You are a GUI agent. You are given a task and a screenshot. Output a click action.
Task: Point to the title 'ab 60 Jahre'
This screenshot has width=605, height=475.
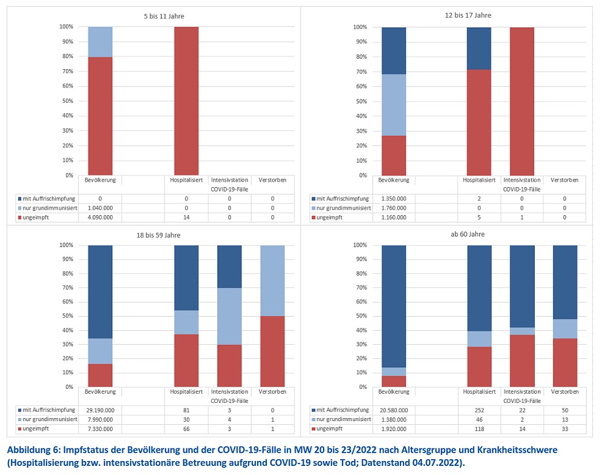pyautogui.click(x=468, y=234)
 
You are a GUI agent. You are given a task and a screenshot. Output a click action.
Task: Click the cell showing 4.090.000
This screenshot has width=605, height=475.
pyautogui.click(x=100, y=217)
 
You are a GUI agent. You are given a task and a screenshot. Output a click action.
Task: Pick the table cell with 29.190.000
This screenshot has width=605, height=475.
pyautogui.click(x=100, y=410)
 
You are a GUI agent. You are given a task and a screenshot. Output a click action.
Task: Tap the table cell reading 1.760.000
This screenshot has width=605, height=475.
pyautogui.click(x=393, y=207)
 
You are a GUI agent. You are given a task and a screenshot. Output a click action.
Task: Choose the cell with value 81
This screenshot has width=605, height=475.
pyautogui.click(x=186, y=410)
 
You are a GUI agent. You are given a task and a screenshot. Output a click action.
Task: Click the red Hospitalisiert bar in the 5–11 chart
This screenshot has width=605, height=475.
pyautogui.click(x=186, y=101)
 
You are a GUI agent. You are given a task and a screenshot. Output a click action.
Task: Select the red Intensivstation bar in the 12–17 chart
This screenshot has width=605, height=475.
pyautogui.click(x=522, y=101)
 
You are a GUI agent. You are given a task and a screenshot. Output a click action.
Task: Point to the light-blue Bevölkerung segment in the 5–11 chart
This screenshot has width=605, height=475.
pyautogui.click(x=100, y=42)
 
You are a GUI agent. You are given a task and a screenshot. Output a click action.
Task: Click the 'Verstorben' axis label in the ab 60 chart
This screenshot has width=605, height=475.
pyautogui.click(x=565, y=392)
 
